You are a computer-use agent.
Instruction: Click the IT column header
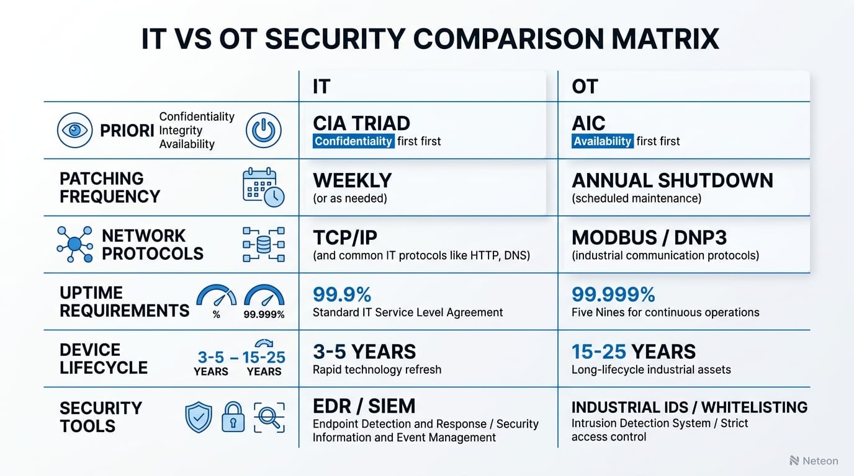coord(321,87)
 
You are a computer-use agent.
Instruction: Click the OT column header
coord(585,87)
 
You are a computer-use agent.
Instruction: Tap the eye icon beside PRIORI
coord(74,131)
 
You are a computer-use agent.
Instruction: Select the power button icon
coord(264,131)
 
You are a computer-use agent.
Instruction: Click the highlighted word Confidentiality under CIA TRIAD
coord(353,141)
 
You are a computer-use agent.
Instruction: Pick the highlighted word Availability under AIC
coord(602,141)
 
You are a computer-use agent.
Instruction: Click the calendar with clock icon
coord(263,187)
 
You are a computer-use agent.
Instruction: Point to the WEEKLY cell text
coord(352,180)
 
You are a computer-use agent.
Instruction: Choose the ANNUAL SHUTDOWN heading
coord(672,180)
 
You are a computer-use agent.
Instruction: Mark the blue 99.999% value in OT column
coord(613,294)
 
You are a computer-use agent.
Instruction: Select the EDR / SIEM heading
coord(364,406)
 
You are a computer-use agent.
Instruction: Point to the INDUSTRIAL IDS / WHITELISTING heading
coord(689,407)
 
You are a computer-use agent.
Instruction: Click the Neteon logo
coord(814,461)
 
